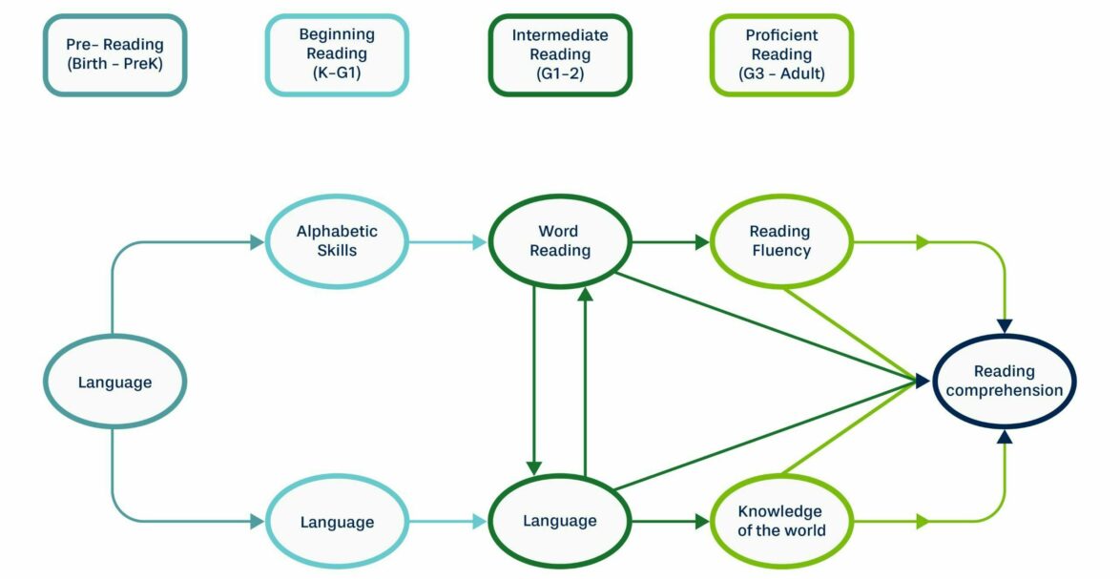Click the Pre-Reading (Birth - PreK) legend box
114,54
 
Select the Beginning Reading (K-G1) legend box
337,54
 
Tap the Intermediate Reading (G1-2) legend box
560,54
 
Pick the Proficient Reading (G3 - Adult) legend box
781,54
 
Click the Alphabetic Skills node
337,241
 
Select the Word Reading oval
560,241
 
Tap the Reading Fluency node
780,241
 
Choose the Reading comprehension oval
1004,382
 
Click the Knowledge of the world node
780,521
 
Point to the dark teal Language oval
114,383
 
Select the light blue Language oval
337,522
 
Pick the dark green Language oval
560,521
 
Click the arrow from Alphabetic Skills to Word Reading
448,242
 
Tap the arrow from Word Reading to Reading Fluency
671,242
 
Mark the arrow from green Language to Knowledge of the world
671,522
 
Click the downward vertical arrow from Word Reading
534,382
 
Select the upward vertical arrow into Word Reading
586,382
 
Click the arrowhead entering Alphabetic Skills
257,242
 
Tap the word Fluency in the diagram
780,251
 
